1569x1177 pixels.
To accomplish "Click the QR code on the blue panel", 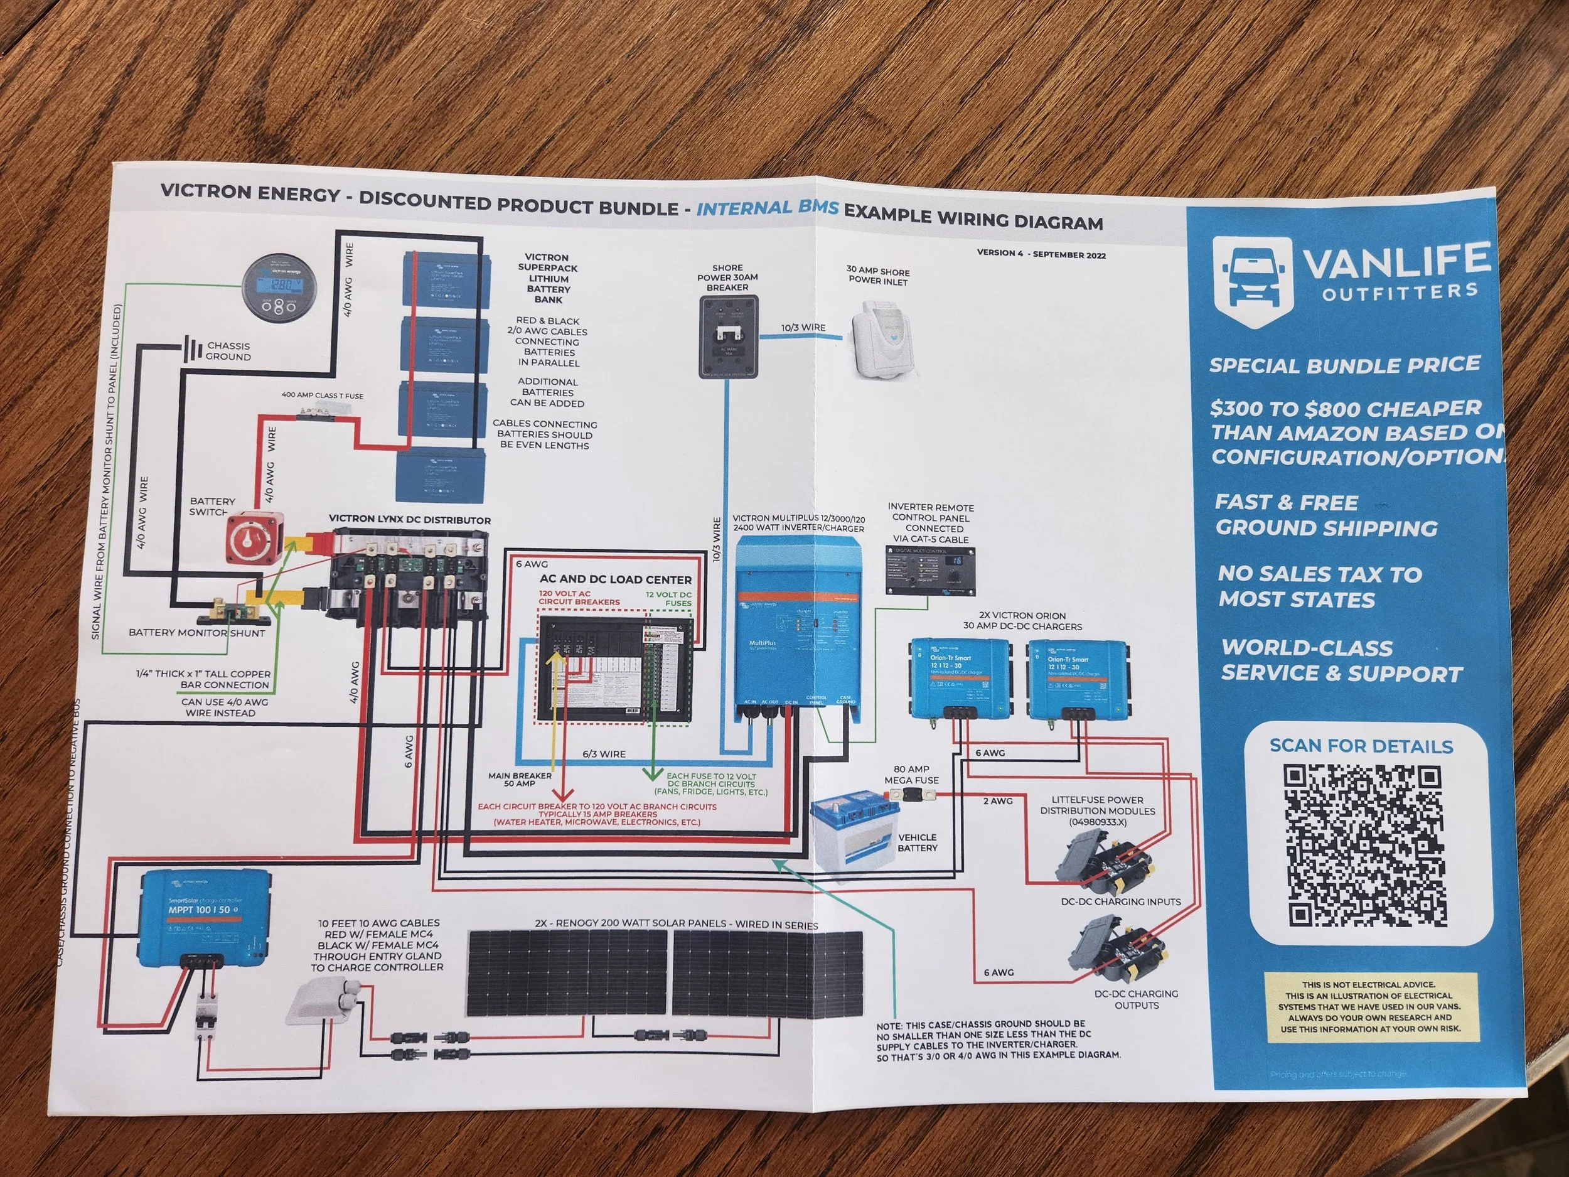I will (x=1363, y=846).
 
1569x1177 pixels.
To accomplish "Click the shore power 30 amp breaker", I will (x=729, y=336).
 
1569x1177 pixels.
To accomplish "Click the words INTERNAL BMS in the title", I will (x=768, y=208).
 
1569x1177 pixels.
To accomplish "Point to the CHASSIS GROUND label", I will (x=228, y=351).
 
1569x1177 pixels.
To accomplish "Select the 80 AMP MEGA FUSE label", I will (x=911, y=774).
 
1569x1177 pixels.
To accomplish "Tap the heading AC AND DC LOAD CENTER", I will (x=615, y=579).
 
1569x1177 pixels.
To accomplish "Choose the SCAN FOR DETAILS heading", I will (x=1361, y=746).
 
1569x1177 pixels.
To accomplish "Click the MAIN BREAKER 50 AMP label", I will (x=519, y=779).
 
